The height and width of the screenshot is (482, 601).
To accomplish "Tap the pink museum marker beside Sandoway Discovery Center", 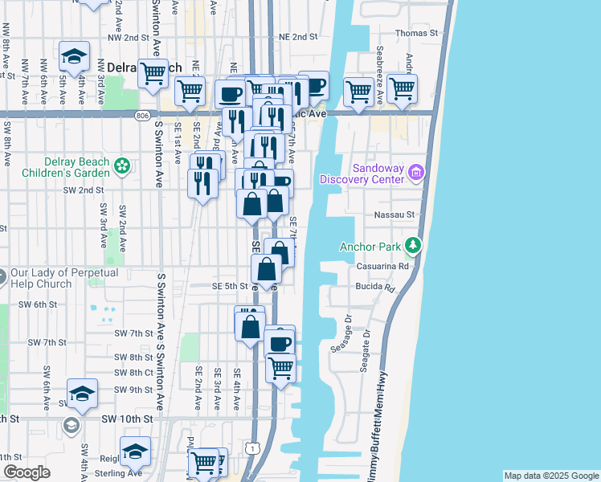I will (x=415, y=172).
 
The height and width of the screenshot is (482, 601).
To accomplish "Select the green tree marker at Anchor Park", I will (x=413, y=244).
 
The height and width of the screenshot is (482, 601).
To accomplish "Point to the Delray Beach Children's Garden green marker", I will (x=122, y=166).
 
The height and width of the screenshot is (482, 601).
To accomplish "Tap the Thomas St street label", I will (x=416, y=34).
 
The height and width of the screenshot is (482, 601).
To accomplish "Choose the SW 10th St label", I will (x=126, y=419).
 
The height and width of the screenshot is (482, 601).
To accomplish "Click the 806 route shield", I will (x=142, y=115).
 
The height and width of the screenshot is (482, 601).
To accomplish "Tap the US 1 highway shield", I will (x=254, y=447).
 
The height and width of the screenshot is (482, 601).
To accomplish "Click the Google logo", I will (x=27, y=472).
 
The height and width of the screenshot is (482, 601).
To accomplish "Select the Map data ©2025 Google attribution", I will (x=550, y=476).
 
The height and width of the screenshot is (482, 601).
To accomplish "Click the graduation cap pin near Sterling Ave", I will (x=135, y=452).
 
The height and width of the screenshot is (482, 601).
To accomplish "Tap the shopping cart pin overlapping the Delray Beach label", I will (x=152, y=73).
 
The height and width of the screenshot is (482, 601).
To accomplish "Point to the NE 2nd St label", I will (x=293, y=37).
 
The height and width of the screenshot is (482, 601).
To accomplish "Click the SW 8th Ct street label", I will (x=133, y=373).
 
